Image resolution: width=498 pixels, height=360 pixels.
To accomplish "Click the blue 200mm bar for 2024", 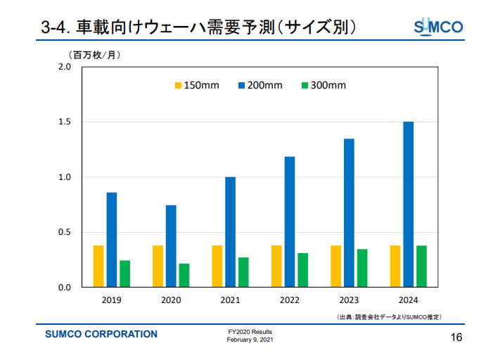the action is tap(409, 205).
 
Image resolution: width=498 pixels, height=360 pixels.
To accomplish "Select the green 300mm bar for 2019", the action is tap(124, 274).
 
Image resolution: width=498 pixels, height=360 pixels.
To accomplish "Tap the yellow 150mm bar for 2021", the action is tap(217, 266).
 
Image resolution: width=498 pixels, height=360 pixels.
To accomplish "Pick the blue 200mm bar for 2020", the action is tap(171, 246).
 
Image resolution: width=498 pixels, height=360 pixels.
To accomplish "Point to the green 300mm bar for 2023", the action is tap(362, 269).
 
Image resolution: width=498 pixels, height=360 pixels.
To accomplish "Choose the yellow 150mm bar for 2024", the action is tap(395, 266).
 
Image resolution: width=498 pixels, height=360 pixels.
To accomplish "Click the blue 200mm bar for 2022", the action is tap(290, 222).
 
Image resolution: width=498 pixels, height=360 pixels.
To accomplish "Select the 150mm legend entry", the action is tap(197, 85).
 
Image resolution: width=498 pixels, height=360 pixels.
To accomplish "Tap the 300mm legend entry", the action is tap(324, 85).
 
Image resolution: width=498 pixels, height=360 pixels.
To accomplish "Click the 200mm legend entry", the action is tap(260, 85).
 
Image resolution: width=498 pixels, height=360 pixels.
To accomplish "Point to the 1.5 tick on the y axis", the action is tap(65, 122).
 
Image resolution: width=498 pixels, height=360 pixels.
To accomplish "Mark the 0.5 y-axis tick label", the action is tap(65, 232).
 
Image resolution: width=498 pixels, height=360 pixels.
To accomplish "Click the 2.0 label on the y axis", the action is tap(65, 67).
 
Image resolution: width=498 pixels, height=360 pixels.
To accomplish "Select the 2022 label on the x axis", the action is tap(290, 300).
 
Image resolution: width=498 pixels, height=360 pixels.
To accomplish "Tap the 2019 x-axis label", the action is tap(111, 300).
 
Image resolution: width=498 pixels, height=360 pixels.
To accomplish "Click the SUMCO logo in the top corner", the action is tap(438, 27).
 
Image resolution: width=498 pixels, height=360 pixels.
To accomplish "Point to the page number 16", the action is tap(456, 337).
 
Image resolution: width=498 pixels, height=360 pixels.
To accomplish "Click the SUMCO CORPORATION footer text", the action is tap(101, 334).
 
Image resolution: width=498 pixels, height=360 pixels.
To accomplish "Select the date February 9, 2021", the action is tap(250, 340).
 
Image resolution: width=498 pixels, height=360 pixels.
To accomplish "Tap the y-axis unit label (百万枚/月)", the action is tap(94, 55).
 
